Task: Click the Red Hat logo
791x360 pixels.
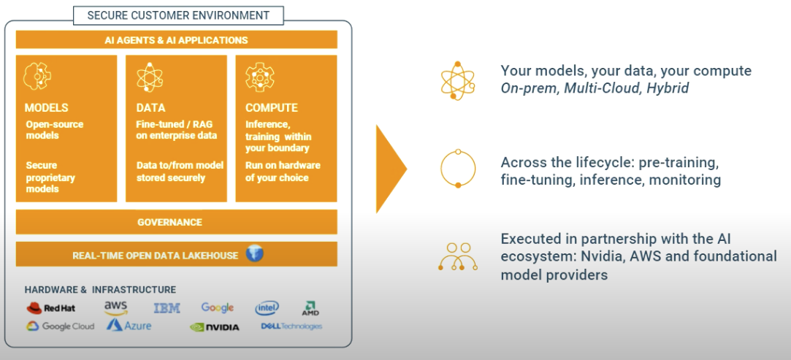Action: coord(51,308)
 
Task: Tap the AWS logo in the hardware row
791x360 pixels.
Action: coord(116,307)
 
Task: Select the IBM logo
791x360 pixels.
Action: coord(167,308)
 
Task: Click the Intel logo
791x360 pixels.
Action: coord(267,308)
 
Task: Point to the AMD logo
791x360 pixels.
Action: coord(310,308)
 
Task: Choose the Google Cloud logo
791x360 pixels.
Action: coord(61,326)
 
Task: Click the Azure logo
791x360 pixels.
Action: coord(129,325)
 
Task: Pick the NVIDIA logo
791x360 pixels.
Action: coord(215,327)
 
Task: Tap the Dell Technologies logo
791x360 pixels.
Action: coord(291,326)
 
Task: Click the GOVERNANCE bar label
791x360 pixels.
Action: coord(169,222)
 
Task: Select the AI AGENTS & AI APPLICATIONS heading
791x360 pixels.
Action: coord(176,40)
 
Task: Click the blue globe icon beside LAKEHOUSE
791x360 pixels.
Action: coord(254,254)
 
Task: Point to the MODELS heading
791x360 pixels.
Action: coord(47,108)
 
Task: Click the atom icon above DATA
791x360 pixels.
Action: coord(149,77)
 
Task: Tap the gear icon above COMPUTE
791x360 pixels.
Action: coord(260,77)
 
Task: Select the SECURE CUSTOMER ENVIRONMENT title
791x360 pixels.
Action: coord(179,15)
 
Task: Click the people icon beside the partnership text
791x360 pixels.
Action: coord(458,256)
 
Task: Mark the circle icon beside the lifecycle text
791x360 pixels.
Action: coord(458,169)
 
